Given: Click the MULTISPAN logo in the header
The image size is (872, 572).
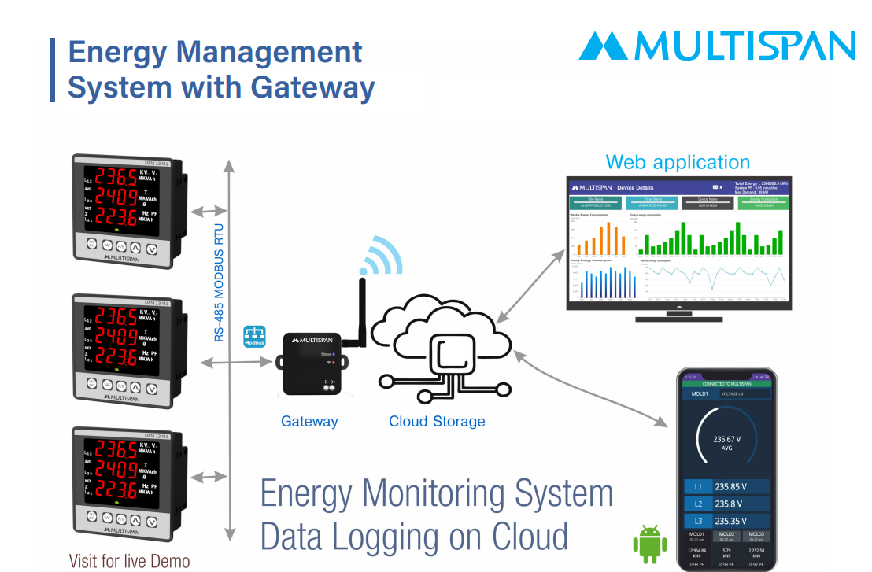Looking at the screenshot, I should (x=716, y=46).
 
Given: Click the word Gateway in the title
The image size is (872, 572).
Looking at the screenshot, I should (x=310, y=86).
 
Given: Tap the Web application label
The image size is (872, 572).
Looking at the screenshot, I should (x=677, y=163).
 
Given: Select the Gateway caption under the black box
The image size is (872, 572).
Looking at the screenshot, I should (x=309, y=422).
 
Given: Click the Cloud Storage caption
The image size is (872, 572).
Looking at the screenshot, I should (x=437, y=422).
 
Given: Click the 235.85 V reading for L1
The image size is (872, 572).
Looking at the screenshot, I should (x=731, y=486).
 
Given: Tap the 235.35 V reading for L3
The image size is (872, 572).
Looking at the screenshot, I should (x=731, y=521).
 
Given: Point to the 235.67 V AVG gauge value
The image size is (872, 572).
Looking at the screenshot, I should (x=726, y=442).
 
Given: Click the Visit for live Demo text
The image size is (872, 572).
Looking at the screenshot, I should (x=129, y=561).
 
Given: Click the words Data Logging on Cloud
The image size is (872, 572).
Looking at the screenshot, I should (x=414, y=537).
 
